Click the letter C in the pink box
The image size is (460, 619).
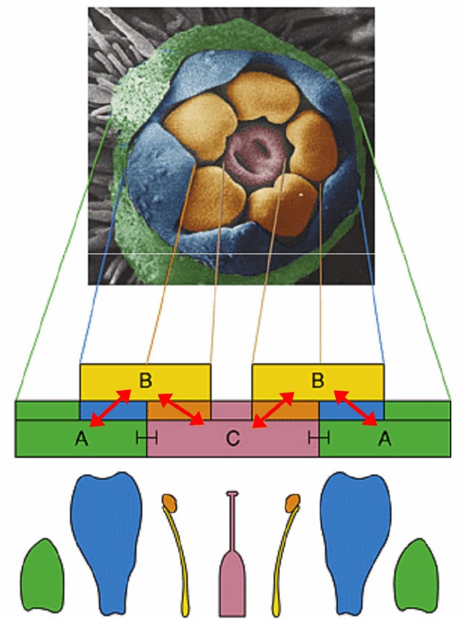point(233,438)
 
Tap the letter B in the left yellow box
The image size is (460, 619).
point(145,380)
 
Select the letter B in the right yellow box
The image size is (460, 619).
point(318,380)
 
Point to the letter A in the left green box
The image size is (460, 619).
point(82,438)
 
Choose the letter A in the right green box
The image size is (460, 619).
point(385,438)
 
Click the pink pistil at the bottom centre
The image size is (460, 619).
point(233,553)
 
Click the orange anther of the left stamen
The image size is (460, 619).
point(170,502)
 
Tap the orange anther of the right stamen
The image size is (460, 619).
point(292,502)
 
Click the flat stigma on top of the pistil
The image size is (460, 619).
point(233,493)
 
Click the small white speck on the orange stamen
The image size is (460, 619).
point(301,194)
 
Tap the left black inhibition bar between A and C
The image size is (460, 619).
point(147,438)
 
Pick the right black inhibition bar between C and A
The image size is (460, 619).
point(318,438)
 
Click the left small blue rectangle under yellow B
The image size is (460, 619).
point(113,411)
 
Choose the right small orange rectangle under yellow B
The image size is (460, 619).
point(285,411)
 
